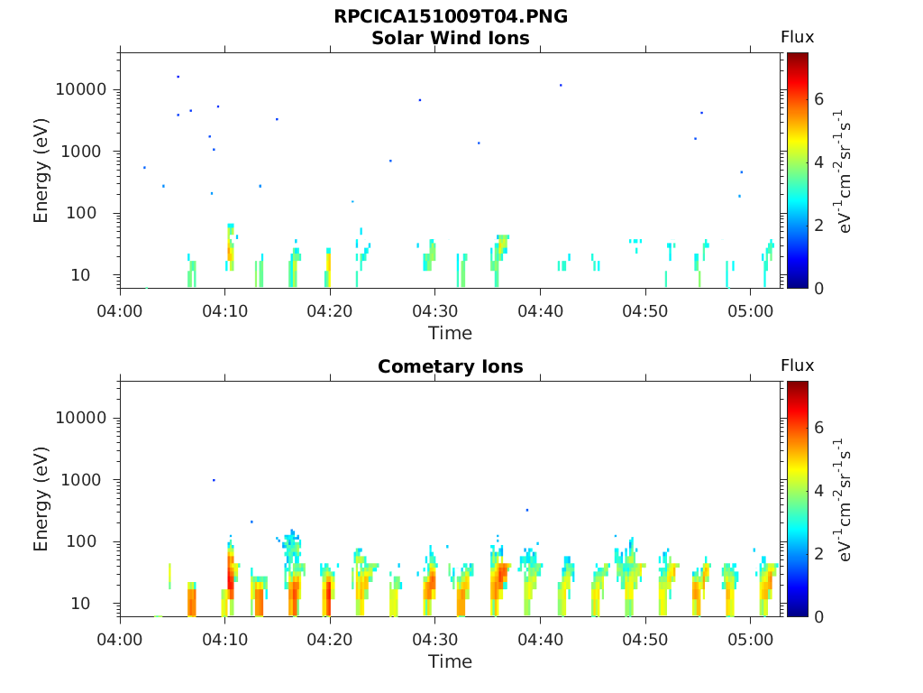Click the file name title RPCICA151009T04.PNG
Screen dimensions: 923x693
tap(451, 16)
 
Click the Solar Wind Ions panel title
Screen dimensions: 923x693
tap(451, 38)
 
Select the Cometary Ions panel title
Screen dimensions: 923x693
tap(451, 366)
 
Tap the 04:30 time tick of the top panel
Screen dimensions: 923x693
tap(435, 310)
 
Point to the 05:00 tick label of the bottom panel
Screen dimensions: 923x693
tap(751, 640)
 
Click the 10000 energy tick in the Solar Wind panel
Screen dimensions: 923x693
tap(80, 89)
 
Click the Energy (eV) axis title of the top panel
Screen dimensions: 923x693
tap(41, 171)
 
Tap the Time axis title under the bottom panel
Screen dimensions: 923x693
tap(451, 661)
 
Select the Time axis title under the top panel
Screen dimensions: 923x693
tap(451, 333)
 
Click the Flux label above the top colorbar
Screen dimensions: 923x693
tap(797, 37)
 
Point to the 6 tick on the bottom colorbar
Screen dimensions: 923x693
tap(818, 427)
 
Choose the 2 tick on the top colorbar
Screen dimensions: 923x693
tap(818, 225)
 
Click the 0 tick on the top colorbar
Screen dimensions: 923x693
tap(818, 288)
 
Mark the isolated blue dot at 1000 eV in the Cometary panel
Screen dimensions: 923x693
tap(214, 480)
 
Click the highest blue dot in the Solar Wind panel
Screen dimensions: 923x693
tap(178, 77)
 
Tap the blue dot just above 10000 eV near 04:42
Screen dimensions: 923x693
tap(561, 86)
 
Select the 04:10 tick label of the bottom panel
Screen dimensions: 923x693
tap(224, 640)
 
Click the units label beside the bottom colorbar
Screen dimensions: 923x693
tap(843, 500)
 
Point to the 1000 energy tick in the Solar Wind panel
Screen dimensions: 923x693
tap(84, 152)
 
